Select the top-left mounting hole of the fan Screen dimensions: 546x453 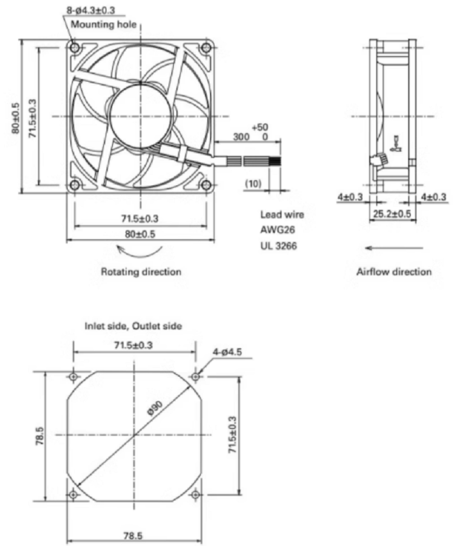[75, 48]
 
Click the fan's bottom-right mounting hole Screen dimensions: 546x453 [206, 185]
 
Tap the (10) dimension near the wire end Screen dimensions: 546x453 [252, 184]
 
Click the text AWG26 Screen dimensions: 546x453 [274, 230]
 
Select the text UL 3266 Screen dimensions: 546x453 [277, 246]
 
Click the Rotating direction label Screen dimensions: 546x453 [141, 272]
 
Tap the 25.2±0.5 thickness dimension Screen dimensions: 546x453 [393, 214]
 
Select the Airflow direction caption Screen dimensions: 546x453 [394, 272]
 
